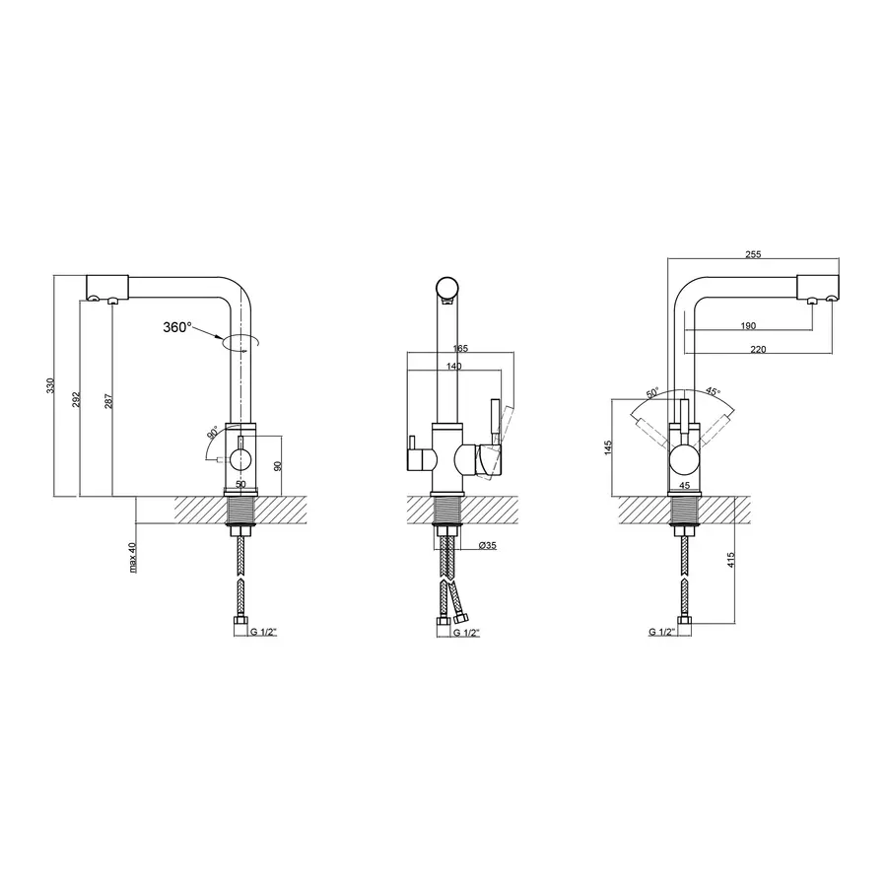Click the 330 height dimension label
(50, 385)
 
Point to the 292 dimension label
(76, 399)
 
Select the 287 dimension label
(108, 401)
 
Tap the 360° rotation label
(177, 327)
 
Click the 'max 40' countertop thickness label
(132, 557)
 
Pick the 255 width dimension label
(753, 254)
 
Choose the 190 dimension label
(748, 325)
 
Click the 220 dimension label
(758, 349)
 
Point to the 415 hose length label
(730, 560)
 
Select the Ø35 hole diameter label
(488, 545)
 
